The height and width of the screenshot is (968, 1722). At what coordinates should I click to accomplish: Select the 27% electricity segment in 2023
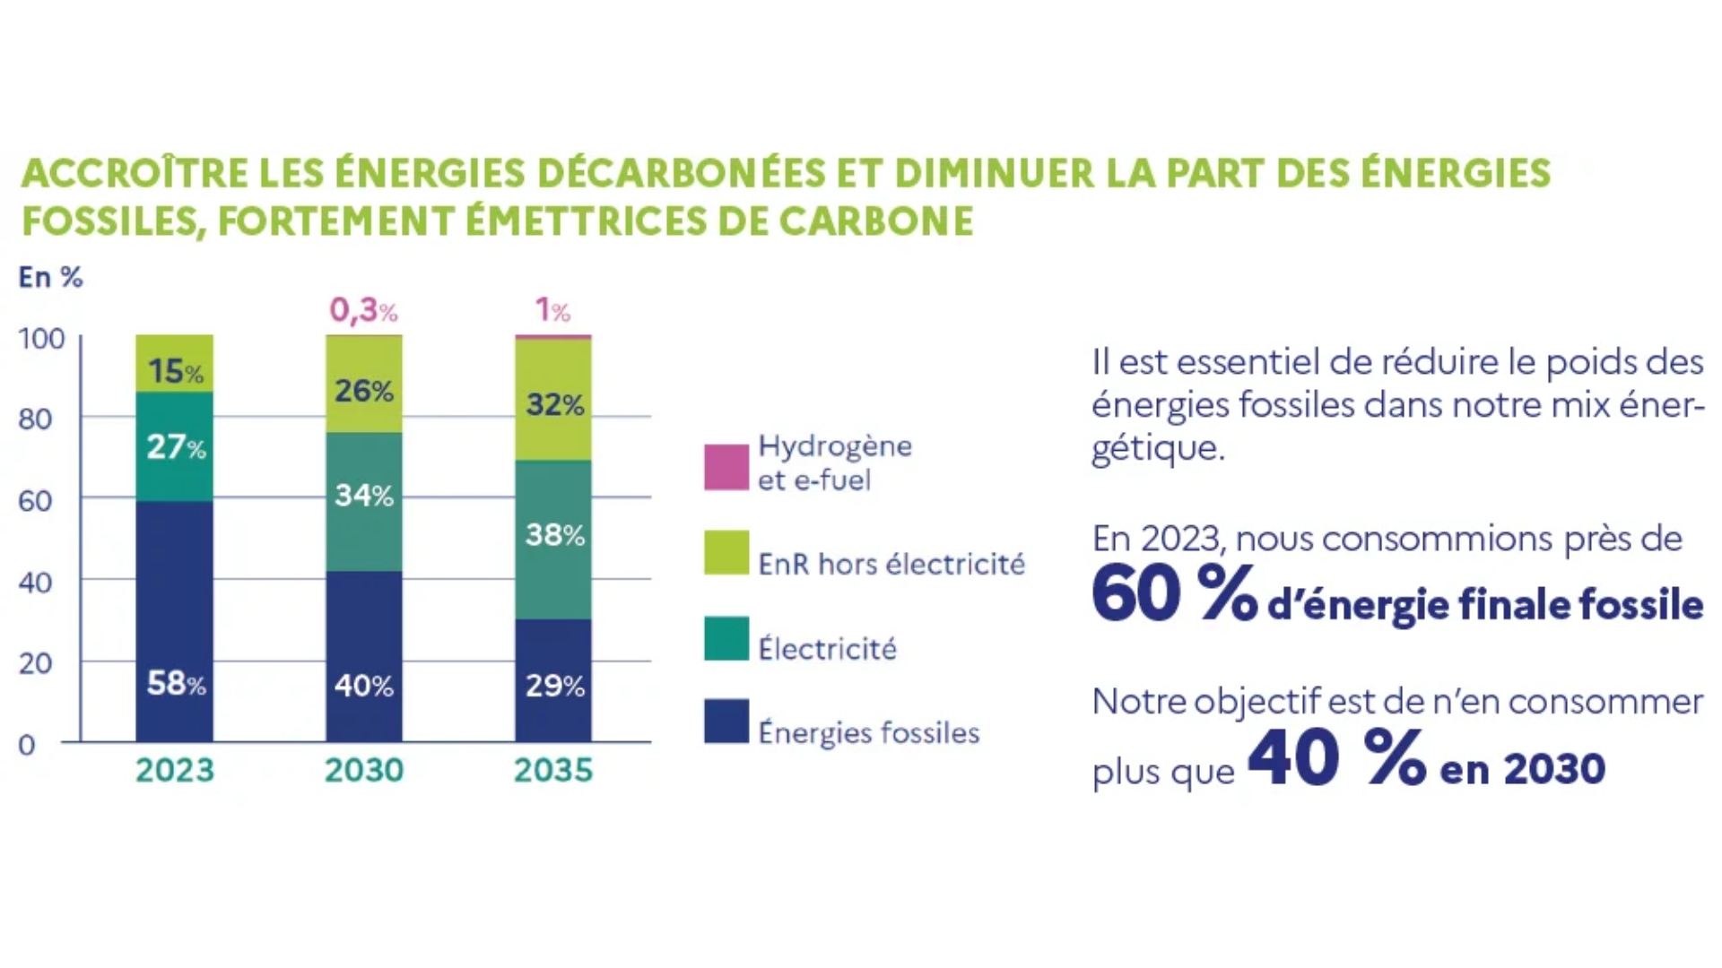tap(175, 446)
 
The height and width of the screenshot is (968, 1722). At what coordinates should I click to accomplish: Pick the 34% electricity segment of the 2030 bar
tap(364, 502)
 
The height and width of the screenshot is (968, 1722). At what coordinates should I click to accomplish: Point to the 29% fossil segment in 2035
tap(553, 680)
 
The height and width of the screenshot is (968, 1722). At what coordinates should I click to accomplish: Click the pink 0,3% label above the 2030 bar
tap(363, 310)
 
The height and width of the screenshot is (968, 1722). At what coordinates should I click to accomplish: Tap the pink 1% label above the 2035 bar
tap(552, 310)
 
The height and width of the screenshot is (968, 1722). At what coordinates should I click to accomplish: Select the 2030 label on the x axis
tap(364, 770)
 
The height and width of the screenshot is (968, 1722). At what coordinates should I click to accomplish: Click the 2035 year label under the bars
tap(553, 770)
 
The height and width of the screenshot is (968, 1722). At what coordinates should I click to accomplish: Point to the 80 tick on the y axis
tap(35, 419)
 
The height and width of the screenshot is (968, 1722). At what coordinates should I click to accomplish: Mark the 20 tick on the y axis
tap(35, 663)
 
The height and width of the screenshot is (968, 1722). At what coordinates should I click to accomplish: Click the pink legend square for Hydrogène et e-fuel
tap(726, 467)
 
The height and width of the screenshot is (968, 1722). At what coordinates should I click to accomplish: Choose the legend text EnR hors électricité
tap(891, 564)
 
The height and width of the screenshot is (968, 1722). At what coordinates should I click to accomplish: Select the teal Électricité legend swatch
tap(726, 638)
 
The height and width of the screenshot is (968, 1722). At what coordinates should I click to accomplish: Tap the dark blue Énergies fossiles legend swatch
tap(726, 722)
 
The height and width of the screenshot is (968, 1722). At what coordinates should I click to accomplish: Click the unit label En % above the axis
tap(50, 277)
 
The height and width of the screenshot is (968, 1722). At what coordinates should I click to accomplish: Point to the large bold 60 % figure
tap(1174, 594)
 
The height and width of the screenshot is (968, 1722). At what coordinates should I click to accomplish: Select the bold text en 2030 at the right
tap(1522, 769)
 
